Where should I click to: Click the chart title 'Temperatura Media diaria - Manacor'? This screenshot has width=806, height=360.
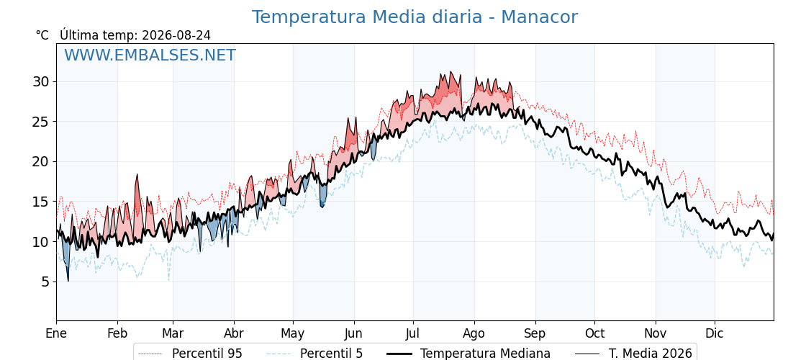[x=415, y=17]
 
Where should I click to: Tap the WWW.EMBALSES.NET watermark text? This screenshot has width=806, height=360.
[x=150, y=55]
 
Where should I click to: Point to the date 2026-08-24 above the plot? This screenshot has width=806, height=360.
[x=176, y=35]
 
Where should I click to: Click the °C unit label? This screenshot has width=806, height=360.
[x=42, y=35]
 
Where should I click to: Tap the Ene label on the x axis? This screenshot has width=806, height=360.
[x=56, y=333]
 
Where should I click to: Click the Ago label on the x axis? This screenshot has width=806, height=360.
[x=474, y=334]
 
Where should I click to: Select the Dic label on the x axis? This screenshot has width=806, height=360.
[x=715, y=333]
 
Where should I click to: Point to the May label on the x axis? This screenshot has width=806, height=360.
[x=293, y=334]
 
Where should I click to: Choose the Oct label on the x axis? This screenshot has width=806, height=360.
[x=594, y=333]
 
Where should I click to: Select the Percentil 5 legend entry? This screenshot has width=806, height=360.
[x=315, y=354]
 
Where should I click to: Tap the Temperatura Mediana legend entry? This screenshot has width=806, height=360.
[x=468, y=354]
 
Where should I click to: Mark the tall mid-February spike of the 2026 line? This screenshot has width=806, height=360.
[x=137, y=175]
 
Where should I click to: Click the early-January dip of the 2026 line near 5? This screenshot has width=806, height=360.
[x=68, y=280]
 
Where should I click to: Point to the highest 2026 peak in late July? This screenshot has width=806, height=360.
[x=450, y=72]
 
